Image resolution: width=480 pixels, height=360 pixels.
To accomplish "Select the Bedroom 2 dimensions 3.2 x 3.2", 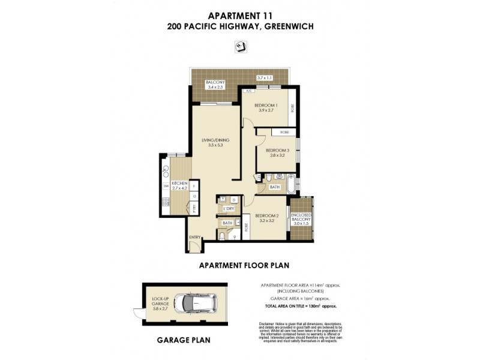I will [267, 221].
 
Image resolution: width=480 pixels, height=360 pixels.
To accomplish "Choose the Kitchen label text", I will [179, 183].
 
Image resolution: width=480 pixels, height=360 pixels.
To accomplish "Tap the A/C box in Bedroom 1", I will [248, 91].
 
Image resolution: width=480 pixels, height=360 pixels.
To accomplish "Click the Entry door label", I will [194, 238].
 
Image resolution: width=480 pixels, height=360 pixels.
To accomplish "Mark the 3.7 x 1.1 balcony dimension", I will [265, 78].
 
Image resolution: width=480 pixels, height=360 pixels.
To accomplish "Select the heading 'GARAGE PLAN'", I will [184, 340].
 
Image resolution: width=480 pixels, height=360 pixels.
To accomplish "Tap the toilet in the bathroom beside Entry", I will [223, 236].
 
